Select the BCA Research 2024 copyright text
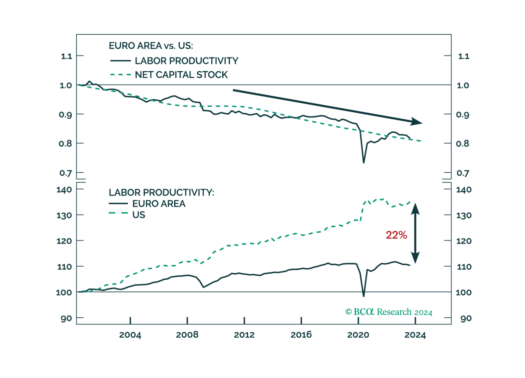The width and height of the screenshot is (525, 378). (x=389, y=312)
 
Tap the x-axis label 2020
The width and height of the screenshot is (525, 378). (x=358, y=335)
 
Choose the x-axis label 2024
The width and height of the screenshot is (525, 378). (x=414, y=335)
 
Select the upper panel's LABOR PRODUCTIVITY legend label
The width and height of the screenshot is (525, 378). (x=186, y=61)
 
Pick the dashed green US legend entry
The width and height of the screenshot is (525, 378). (x=139, y=215)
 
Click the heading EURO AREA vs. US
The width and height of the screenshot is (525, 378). (x=151, y=46)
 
